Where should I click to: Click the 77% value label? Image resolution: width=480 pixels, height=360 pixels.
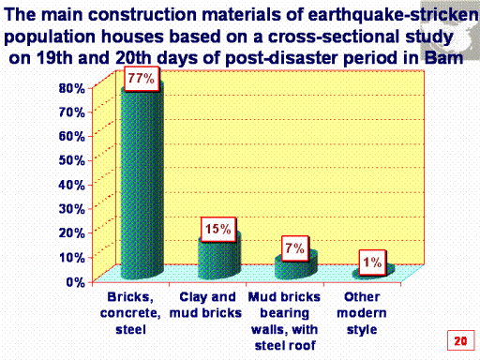click(x=142, y=79)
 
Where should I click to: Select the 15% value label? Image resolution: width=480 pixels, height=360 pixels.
click(x=218, y=230)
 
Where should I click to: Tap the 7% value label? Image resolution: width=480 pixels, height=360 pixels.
click(x=295, y=248)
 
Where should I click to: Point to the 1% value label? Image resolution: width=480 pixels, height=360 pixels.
click(x=372, y=262)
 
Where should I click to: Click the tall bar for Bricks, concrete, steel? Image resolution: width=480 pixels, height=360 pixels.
click(x=142, y=185)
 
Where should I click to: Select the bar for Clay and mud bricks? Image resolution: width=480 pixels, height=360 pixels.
click(x=219, y=258)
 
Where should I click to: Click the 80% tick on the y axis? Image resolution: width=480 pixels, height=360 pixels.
click(x=72, y=88)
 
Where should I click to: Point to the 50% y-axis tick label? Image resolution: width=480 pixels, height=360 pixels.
click(x=72, y=161)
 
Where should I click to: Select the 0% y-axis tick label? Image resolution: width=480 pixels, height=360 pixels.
click(x=76, y=282)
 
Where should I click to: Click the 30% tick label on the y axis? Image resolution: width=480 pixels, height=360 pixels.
click(x=72, y=209)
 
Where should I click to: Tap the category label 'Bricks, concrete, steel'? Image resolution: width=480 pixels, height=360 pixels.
click(x=130, y=313)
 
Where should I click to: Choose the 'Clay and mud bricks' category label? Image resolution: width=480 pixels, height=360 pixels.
click(x=206, y=305)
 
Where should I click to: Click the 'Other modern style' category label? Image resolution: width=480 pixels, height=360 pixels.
click(x=362, y=313)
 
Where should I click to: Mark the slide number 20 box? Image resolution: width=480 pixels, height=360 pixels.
click(x=460, y=340)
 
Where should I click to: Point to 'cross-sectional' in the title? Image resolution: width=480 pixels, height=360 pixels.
click(x=334, y=37)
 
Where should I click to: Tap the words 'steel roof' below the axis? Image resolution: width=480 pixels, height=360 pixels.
click(x=285, y=346)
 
